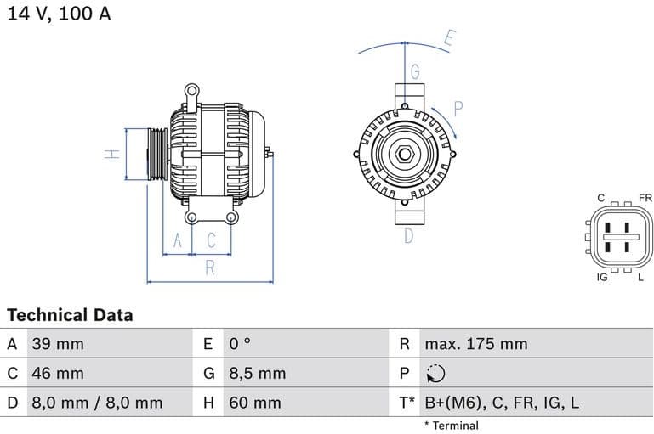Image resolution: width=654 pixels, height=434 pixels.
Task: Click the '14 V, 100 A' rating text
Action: click(x=59, y=14)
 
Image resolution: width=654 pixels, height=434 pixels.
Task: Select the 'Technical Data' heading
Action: click(x=70, y=315)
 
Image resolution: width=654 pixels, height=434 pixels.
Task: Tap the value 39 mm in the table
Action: click(x=57, y=344)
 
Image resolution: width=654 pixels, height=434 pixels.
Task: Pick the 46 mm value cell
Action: click(x=57, y=373)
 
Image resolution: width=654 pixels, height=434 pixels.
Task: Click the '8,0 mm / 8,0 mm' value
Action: click(x=96, y=403)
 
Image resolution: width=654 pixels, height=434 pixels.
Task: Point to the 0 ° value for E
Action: click(x=240, y=344)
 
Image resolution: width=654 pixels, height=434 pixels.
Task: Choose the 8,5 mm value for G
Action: click(x=257, y=373)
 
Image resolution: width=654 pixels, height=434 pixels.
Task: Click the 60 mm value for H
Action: click(x=254, y=403)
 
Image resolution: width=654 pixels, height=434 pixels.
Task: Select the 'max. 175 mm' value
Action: click(x=475, y=344)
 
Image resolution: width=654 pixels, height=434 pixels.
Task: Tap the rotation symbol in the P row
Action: click(x=435, y=374)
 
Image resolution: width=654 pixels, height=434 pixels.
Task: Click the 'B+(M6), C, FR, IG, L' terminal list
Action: click(x=502, y=403)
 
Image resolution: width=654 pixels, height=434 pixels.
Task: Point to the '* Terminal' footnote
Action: click(x=451, y=426)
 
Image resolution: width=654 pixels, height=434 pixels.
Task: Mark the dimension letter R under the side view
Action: click(x=210, y=269)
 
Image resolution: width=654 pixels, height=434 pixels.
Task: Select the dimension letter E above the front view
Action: click(x=450, y=38)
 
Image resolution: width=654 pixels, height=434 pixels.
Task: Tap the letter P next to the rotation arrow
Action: click(x=458, y=108)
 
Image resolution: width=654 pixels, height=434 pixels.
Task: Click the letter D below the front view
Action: click(x=408, y=235)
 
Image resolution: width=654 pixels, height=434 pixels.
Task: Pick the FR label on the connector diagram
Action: click(x=645, y=198)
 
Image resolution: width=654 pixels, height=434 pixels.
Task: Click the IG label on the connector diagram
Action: click(x=602, y=278)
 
